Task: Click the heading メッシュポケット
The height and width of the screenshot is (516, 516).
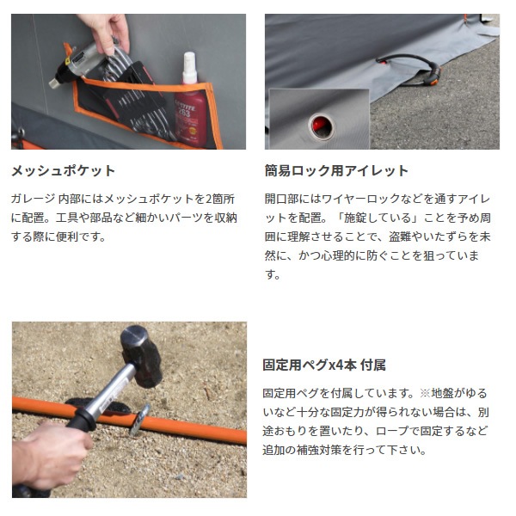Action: (x=63, y=171)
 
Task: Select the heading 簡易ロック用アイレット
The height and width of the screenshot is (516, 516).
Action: (x=336, y=171)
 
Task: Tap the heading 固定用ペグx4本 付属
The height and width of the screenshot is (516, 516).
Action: (x=324, y=365)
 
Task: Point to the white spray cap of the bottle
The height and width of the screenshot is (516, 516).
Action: (x=189, y=67)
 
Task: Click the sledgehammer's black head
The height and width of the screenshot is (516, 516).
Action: (x=140, y=355)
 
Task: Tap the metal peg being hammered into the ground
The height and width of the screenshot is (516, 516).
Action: (x=139, y=420)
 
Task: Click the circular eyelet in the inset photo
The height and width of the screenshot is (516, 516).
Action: (x=321, y=126)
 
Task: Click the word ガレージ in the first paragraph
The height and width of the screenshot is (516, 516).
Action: (x=34, y=199)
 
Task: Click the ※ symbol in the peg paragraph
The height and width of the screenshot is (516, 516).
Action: (x=425, y=393)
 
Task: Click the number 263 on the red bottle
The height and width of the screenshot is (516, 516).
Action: (x=184, y=114)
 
